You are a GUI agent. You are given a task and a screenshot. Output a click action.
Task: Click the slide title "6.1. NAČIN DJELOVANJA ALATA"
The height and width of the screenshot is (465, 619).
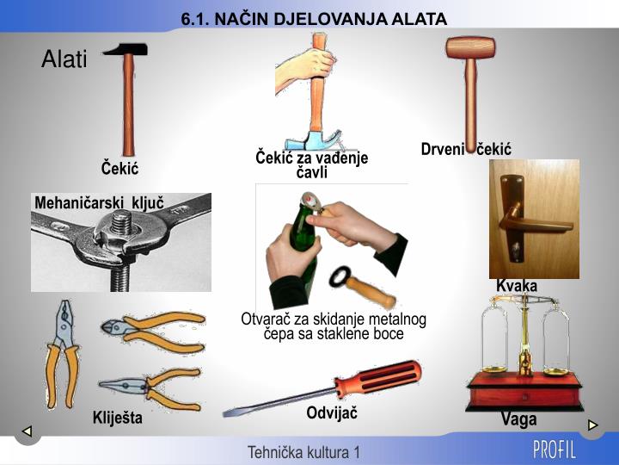[x=314, y=19]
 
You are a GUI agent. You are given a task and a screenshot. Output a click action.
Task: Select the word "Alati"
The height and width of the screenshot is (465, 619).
[x=64, y=59]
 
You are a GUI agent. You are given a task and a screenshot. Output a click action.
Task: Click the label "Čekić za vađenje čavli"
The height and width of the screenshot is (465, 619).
[x=312, y=164]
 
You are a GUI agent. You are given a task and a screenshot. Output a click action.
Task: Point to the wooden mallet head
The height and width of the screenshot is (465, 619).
[x=471, y=47]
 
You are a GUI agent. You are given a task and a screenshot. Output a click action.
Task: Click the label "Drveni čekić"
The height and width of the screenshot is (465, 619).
[x=466, y=150]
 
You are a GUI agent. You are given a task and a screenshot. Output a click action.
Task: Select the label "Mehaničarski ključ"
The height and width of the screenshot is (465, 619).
[x=99, y=203]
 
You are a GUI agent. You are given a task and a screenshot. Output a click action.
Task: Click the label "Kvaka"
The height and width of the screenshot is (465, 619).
[x=517, y=286]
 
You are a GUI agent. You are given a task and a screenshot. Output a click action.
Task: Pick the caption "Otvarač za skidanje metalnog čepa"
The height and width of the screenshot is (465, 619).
[x=334, y=326]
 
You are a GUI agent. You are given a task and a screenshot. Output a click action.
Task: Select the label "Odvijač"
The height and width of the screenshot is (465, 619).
[x=332, y=413]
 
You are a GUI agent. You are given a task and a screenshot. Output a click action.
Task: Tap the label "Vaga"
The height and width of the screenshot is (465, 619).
[x=518, y=419]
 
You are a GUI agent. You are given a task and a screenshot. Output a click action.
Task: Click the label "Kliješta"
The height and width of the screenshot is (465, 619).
[x=118, y=418]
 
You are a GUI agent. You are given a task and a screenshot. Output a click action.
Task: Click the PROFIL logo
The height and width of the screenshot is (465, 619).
[x=555, y=449]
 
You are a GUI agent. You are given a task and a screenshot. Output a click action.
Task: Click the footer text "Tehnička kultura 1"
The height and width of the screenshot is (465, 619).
[x=304, y=452]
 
